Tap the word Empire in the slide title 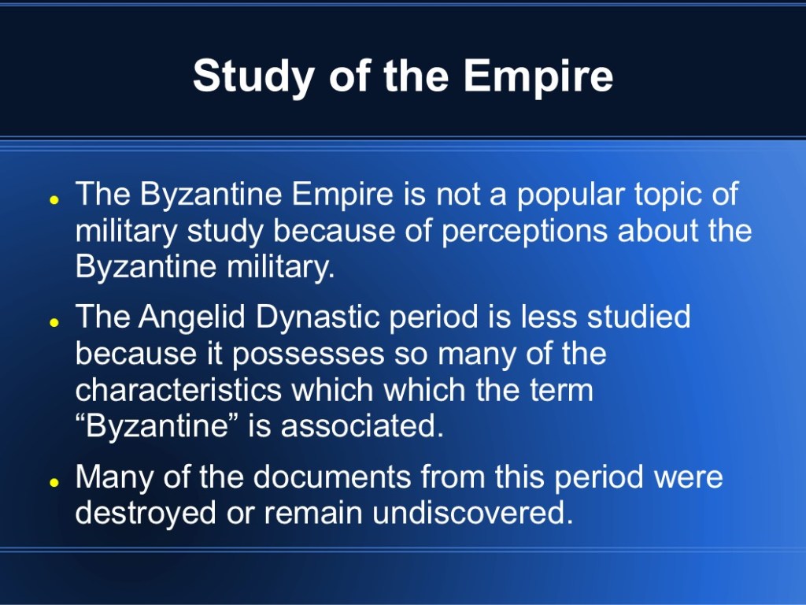coord(538,76)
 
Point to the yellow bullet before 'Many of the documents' coord(53,483)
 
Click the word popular coord(571,195)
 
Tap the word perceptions coord(525,232)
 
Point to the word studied coord(639,317)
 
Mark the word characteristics coord(179,390)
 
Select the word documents coord(332,477)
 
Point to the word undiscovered coord(472,512)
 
